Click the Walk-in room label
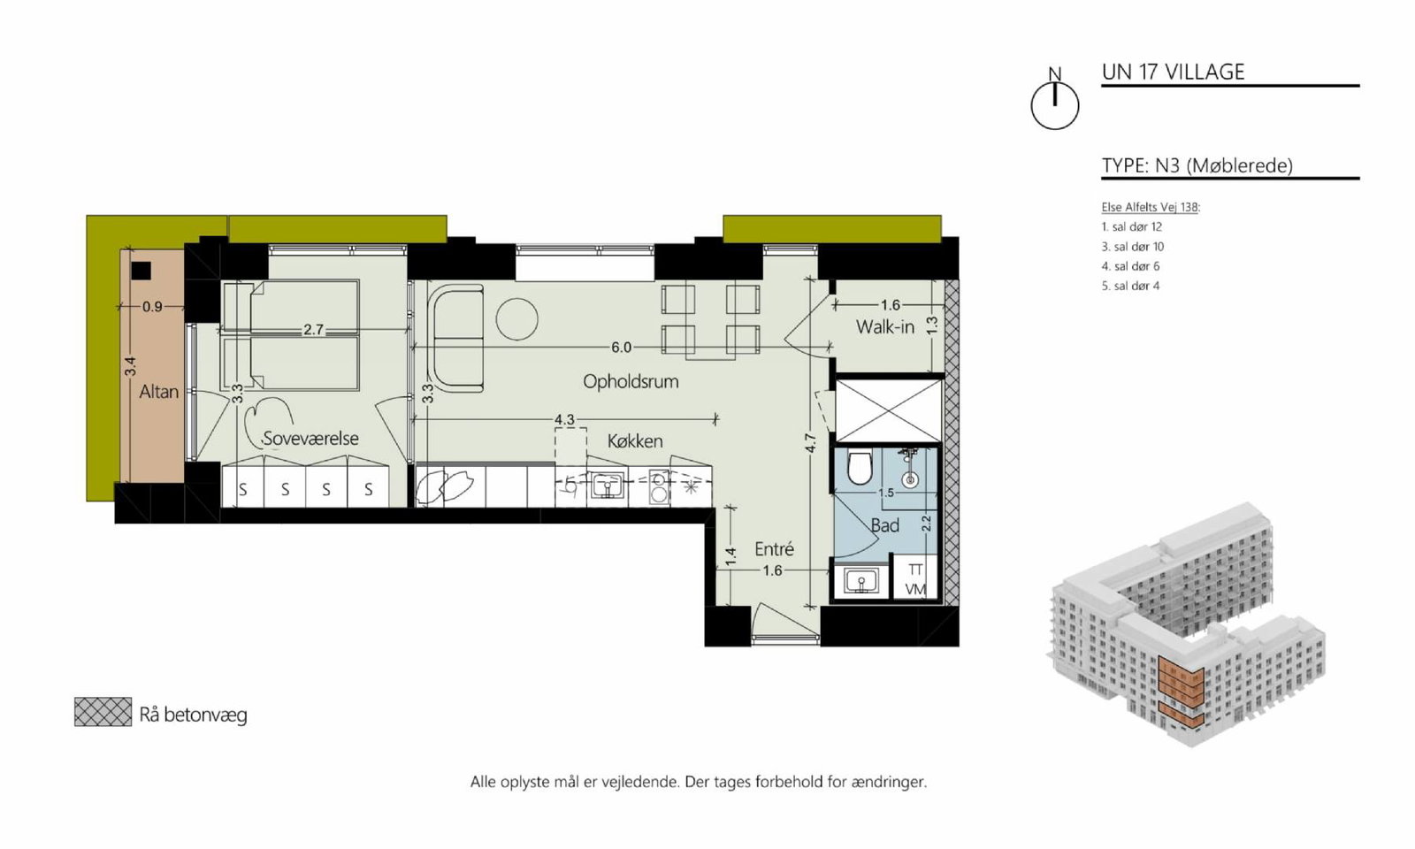point(885,327)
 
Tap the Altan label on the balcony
point(158,392)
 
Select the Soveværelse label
point(310,439)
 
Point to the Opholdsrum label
point(631,381)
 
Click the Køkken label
point(635,441)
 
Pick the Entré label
point(774,549)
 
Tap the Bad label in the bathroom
point(884,525)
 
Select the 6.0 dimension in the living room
point(621,348)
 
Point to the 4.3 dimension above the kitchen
point(564,419)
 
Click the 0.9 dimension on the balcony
point(152,307)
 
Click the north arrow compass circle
point(1055,107)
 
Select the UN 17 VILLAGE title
point(1173,72)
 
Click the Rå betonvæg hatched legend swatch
point(103,712)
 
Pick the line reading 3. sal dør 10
point(1133,247)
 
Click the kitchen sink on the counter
point(608,487)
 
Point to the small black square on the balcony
point(141,271)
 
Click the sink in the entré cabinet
point(860,580)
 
